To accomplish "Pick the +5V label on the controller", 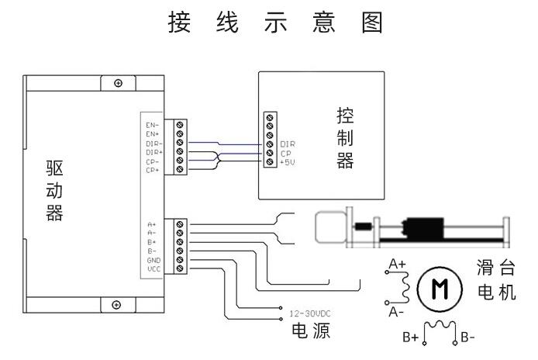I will tap(288, 162).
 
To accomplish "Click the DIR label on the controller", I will tap(287, 144).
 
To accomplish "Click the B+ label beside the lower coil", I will tap(411, 338).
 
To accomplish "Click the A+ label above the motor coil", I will tap(397, 264).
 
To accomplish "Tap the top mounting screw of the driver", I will tap(117, 83).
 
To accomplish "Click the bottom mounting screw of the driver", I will tap(117, 304).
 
